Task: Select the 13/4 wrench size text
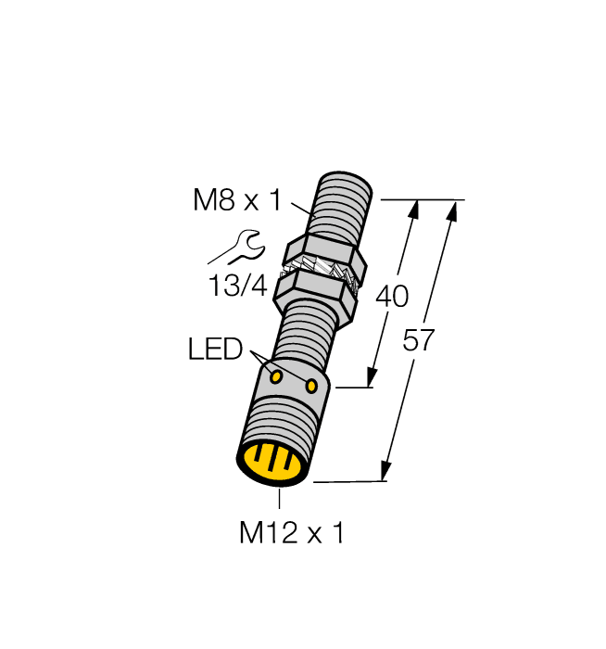[236, 286]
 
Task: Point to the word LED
[215, 350]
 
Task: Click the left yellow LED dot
[276, 375]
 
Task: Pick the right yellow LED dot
[312, 385]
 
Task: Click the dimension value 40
[391, 297]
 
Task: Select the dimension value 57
[419, 340]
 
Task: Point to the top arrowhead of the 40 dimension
[412, 210]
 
